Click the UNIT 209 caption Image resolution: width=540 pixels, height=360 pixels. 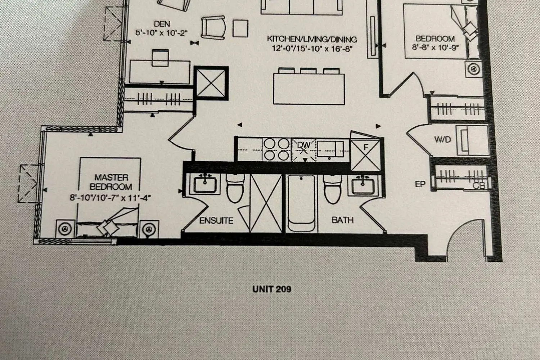pos(272,289)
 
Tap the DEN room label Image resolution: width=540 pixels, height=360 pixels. pos(162,24)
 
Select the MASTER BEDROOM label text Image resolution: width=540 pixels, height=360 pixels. pos(111,182)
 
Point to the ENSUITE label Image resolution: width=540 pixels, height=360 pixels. pos(216,220)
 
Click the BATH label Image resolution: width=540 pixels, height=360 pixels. pos(342,220)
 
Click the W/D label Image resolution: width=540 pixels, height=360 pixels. pos(442,140)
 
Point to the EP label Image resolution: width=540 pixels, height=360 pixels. pos(420,184)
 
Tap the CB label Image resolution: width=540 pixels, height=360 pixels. pos(479,186)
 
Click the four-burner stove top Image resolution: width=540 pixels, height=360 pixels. pos(276,149)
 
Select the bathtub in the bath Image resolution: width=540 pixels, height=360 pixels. pos(302,203)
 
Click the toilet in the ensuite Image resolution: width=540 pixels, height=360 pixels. pos(235,189)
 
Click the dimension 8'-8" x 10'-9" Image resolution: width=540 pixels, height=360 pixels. pos(435,48)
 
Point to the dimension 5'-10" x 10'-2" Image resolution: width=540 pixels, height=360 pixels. pos(162,33)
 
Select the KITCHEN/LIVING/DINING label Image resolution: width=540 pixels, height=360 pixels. pos(312,39)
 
